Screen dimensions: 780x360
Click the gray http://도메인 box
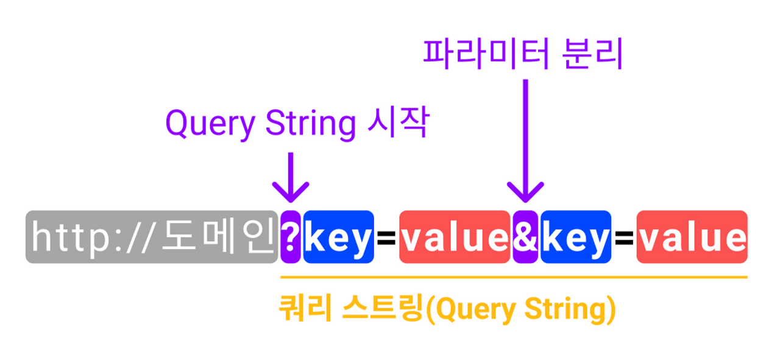coord(151,237)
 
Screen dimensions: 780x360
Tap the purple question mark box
coord(290,237)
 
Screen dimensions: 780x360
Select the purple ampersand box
coord(525,237)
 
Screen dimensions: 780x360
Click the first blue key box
coord(338,237)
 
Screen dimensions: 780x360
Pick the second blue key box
coord(575,237)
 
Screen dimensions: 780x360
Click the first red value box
coord(454,237)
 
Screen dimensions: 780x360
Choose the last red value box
coord(692,237)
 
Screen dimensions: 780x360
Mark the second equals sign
coord(623,238)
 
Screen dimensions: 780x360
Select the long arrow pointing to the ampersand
coord(525,140)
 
